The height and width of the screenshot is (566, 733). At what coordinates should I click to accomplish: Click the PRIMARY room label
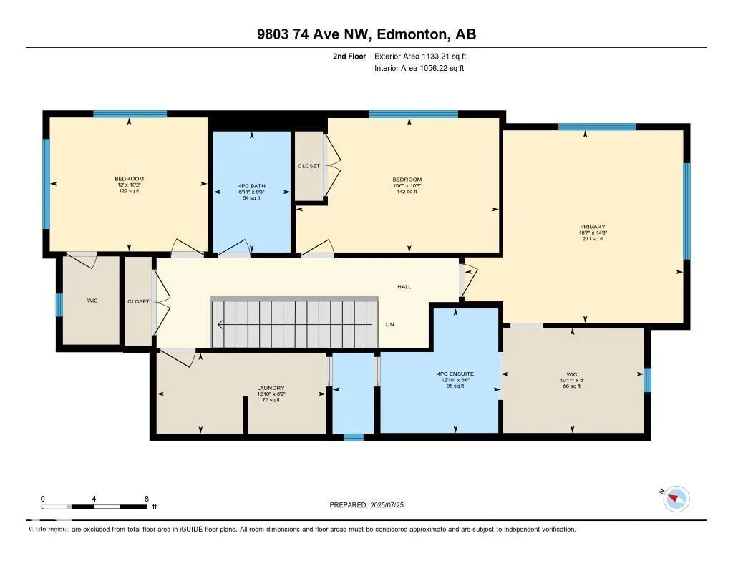(x=592, y=225)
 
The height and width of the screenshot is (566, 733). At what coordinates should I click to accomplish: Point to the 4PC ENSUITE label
(x=455, y=374)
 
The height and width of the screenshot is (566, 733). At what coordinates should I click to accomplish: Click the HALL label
(x=404, y=286)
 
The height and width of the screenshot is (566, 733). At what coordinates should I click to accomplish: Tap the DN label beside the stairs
(x=389, y=325)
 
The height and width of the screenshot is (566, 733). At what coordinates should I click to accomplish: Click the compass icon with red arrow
(x=676, y=498)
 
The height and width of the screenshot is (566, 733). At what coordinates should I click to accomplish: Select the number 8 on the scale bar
(x=146, y=499)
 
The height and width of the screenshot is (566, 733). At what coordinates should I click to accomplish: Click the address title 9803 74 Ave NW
(x=366, y=34)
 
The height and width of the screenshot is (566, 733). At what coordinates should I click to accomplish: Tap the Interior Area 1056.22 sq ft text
(x=419, y=69)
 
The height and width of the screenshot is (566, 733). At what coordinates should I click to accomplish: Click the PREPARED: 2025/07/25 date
(x=366, y=505)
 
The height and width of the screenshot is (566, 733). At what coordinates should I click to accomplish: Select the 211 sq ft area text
(x=592, y=239)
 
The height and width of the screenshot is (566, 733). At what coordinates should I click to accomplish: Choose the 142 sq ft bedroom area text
(x=407, y=192)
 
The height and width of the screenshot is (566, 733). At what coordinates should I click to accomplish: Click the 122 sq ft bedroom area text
(x=129, y=191)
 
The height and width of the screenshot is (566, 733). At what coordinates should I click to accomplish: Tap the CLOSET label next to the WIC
(x=138, y=301)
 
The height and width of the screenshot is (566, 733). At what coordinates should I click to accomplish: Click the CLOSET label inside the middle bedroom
(x=309, y=166)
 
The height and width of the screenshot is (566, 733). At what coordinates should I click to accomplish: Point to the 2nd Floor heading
(x=349, y=56)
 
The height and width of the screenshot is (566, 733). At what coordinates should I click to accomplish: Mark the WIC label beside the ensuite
(x=572, y=374)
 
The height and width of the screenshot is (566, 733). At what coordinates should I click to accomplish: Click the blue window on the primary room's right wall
(x=686, y=210)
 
